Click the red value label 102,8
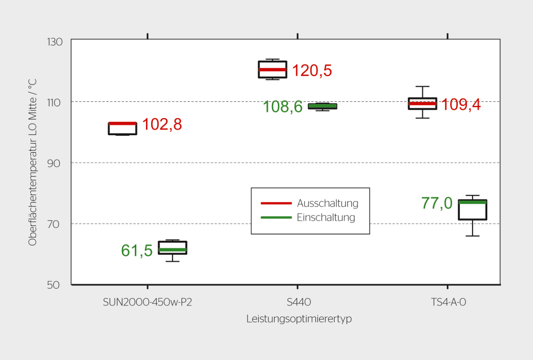tap(162, 125)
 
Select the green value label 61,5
tap(137, 251)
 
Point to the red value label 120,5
tap(312, 70)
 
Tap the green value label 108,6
tap(282, 107)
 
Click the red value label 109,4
tap(461, 104)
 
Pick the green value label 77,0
tap(437, 203)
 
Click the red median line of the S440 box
tap(273, 69)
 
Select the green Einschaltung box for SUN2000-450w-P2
tap(172, 248)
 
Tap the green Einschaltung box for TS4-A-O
tap(472, 210)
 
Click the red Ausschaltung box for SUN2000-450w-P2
tap(123, 129)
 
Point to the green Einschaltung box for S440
tap(322, 106)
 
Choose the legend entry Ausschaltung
tap(327, 203)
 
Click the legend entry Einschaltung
tap(326, 218)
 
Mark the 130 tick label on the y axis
tap(55, 42)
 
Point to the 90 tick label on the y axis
tap(54, 163)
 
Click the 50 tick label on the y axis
tap(53, 285)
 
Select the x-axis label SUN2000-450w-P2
tap(147, 302)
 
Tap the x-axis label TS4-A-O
tap(448, 302)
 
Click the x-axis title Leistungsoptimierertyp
tap(299, 319)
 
